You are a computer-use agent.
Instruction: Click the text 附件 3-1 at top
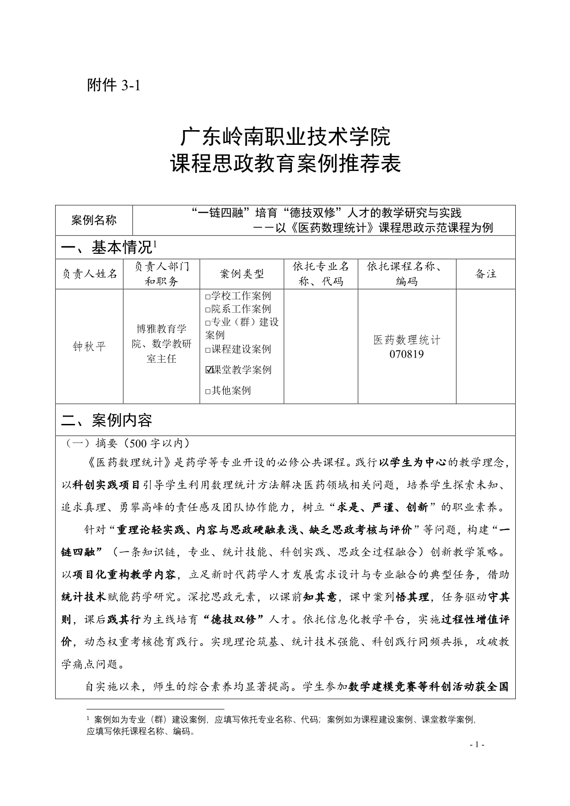[113, 86]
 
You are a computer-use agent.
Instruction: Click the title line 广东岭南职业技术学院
[285, 137]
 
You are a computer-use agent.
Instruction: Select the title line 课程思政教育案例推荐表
[285, 164]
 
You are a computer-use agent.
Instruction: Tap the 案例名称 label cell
[94, 220]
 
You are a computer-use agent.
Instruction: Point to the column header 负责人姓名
[90, 274]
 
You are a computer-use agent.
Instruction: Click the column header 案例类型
[242, 274]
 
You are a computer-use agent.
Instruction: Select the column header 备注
[485, 274]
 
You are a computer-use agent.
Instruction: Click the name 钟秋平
[89, 346]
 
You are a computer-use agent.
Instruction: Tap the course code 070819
[406, 354]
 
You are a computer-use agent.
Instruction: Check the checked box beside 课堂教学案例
[209, 370]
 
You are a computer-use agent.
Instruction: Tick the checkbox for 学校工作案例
[208, 297]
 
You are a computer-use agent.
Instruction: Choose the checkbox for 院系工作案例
[208, 310]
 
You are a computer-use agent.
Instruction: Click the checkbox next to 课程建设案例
[208, 350]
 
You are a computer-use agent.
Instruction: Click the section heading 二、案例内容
[107, 420]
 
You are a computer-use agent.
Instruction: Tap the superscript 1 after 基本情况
[155, 244]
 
